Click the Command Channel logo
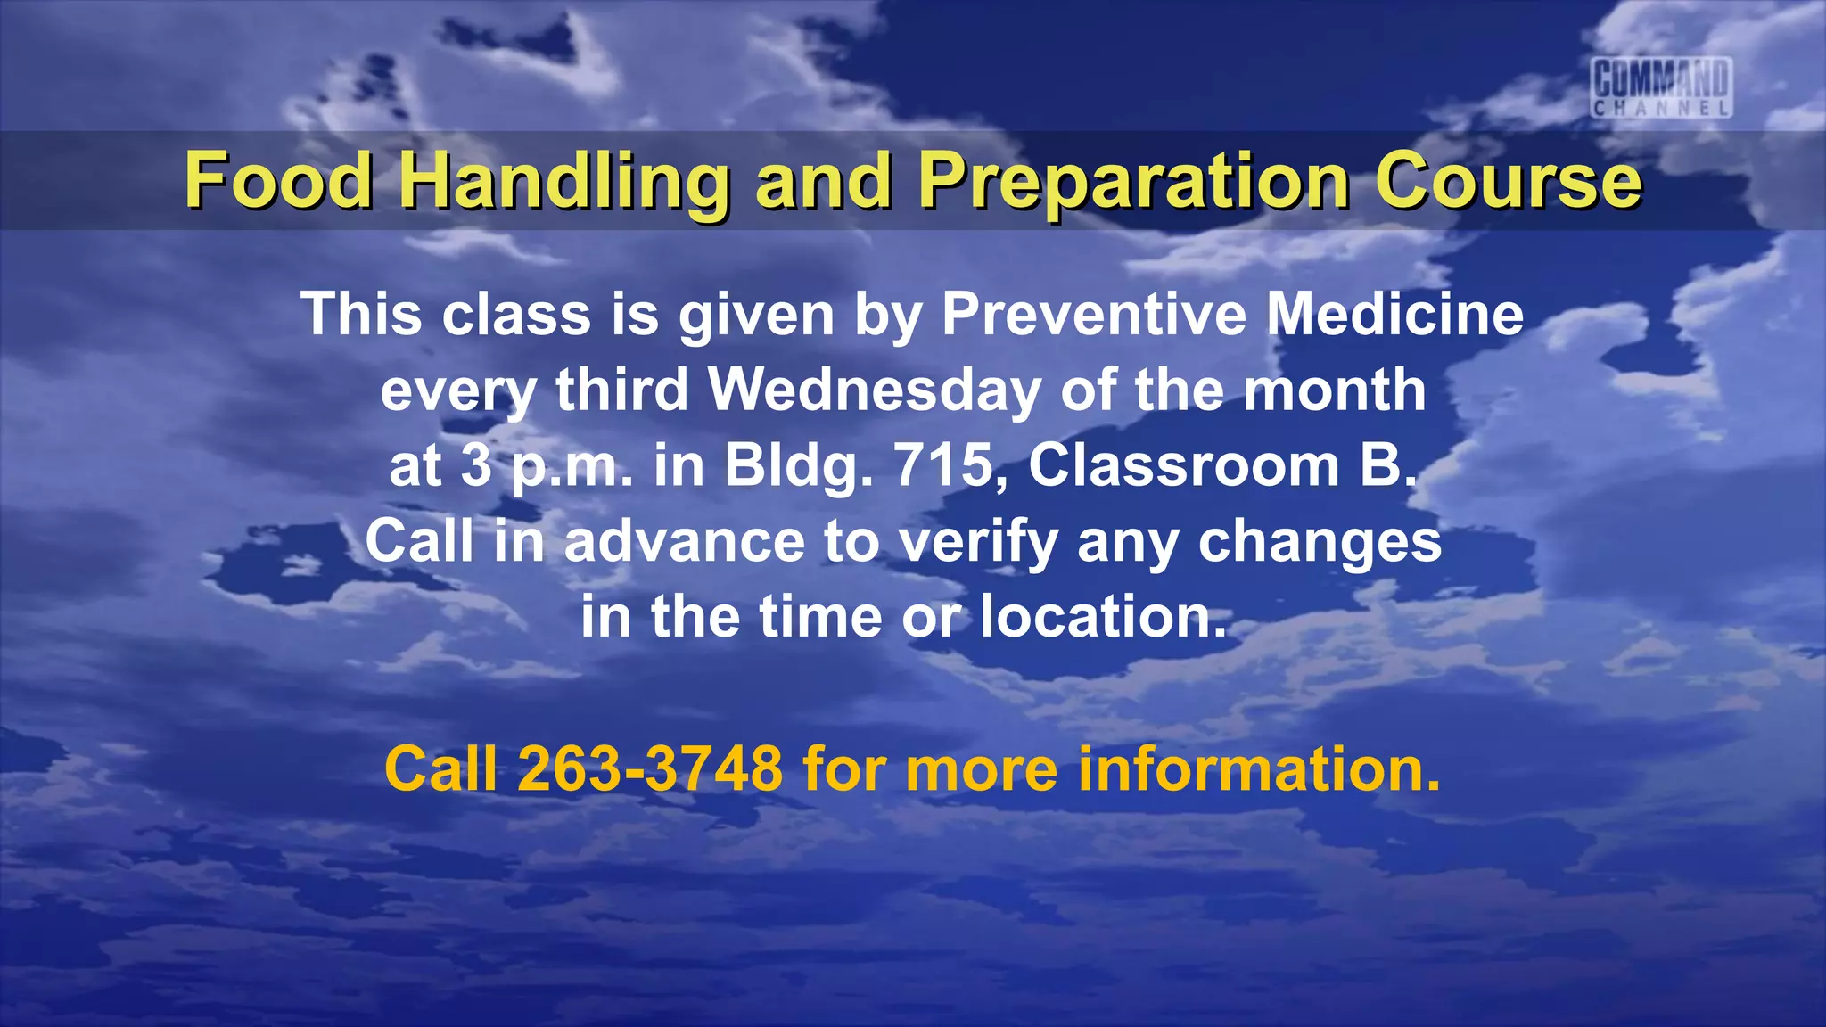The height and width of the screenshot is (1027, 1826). pos(1662,87)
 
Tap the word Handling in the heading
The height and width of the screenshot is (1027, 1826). pos(563,182)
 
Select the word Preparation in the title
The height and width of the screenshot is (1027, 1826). pos(1134,182)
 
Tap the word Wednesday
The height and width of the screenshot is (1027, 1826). pos(874,390)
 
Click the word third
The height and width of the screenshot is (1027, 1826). pos(622,390)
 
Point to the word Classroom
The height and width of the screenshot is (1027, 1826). pos(1183,465)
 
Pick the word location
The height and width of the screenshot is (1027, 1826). pos(1102,617)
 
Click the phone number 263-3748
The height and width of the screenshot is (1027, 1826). pos(650,768)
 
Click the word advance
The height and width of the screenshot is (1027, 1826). pos(685,542)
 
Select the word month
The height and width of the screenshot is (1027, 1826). pos(1334,390)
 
